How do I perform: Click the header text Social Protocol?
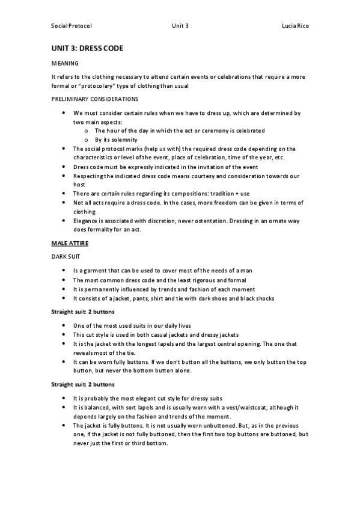pos(71,26)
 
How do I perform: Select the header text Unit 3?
pos(180,26)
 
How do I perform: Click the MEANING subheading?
pos(64,63)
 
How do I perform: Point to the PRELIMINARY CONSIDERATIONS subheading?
pos(95,99)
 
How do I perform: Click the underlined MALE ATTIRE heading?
pos(70,243)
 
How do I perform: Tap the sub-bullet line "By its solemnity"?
pos(117,139)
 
